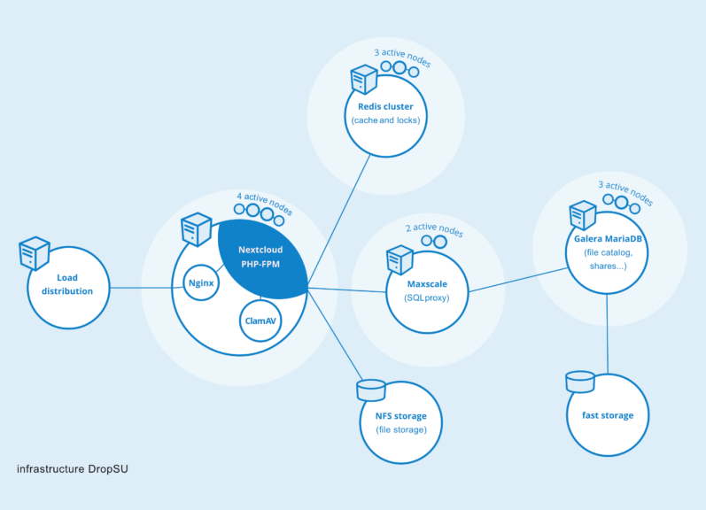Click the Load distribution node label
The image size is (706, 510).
[68, 284]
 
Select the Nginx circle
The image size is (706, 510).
[201, 283]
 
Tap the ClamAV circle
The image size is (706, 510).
[260, 321]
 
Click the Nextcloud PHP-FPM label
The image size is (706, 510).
[260, 257]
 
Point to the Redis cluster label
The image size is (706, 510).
[385, 107]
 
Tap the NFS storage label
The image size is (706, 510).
[401, 416]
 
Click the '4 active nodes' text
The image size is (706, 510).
[264, 203]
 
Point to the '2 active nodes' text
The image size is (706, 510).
[434, 228]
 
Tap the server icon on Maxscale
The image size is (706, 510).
[400, 259]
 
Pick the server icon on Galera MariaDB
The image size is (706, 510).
[582, 215]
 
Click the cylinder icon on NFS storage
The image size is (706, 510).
[370, 390]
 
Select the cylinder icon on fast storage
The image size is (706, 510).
[579, 382]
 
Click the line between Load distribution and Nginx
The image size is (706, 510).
[142, 288]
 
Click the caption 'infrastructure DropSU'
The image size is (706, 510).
[78, 468]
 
